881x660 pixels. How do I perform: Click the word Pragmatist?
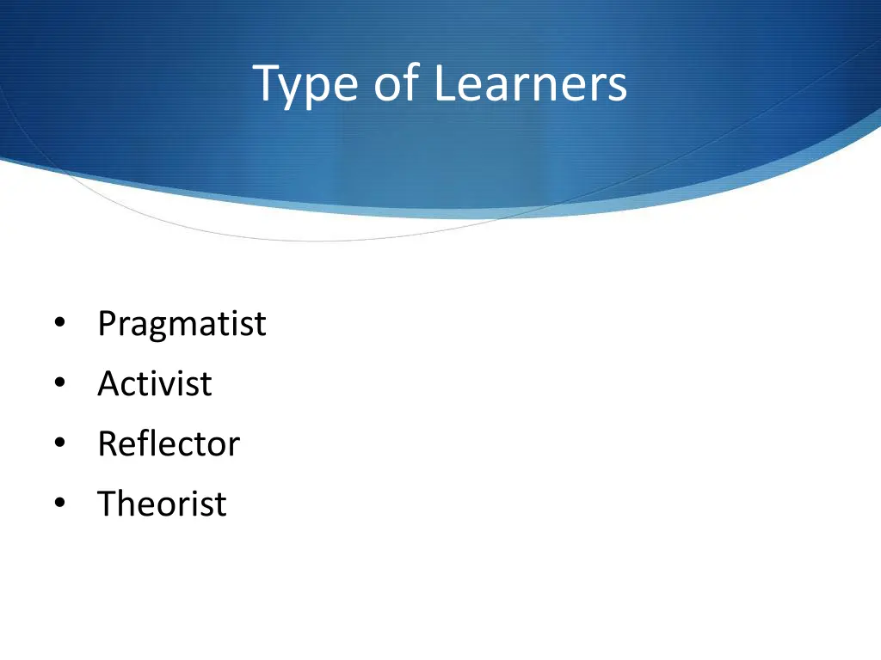(x=182, y=325)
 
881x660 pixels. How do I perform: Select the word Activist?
(x=154, y=384)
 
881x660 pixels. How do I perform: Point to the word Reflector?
(x=169, y=444)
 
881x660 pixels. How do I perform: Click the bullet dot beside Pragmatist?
(x=59, y=324)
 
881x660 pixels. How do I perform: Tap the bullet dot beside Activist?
(x=59, y=384)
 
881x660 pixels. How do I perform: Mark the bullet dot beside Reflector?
(x=59, y=444)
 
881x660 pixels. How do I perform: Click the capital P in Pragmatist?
(x=107, y=324)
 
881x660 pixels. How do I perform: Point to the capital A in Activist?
(x=108, y=384)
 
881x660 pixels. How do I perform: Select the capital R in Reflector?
(x=108, y=444)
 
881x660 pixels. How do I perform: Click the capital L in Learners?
(x=443, y=85)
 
